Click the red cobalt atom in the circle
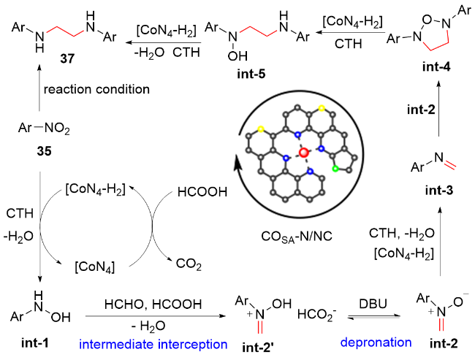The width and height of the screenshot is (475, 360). click(304, 153)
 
